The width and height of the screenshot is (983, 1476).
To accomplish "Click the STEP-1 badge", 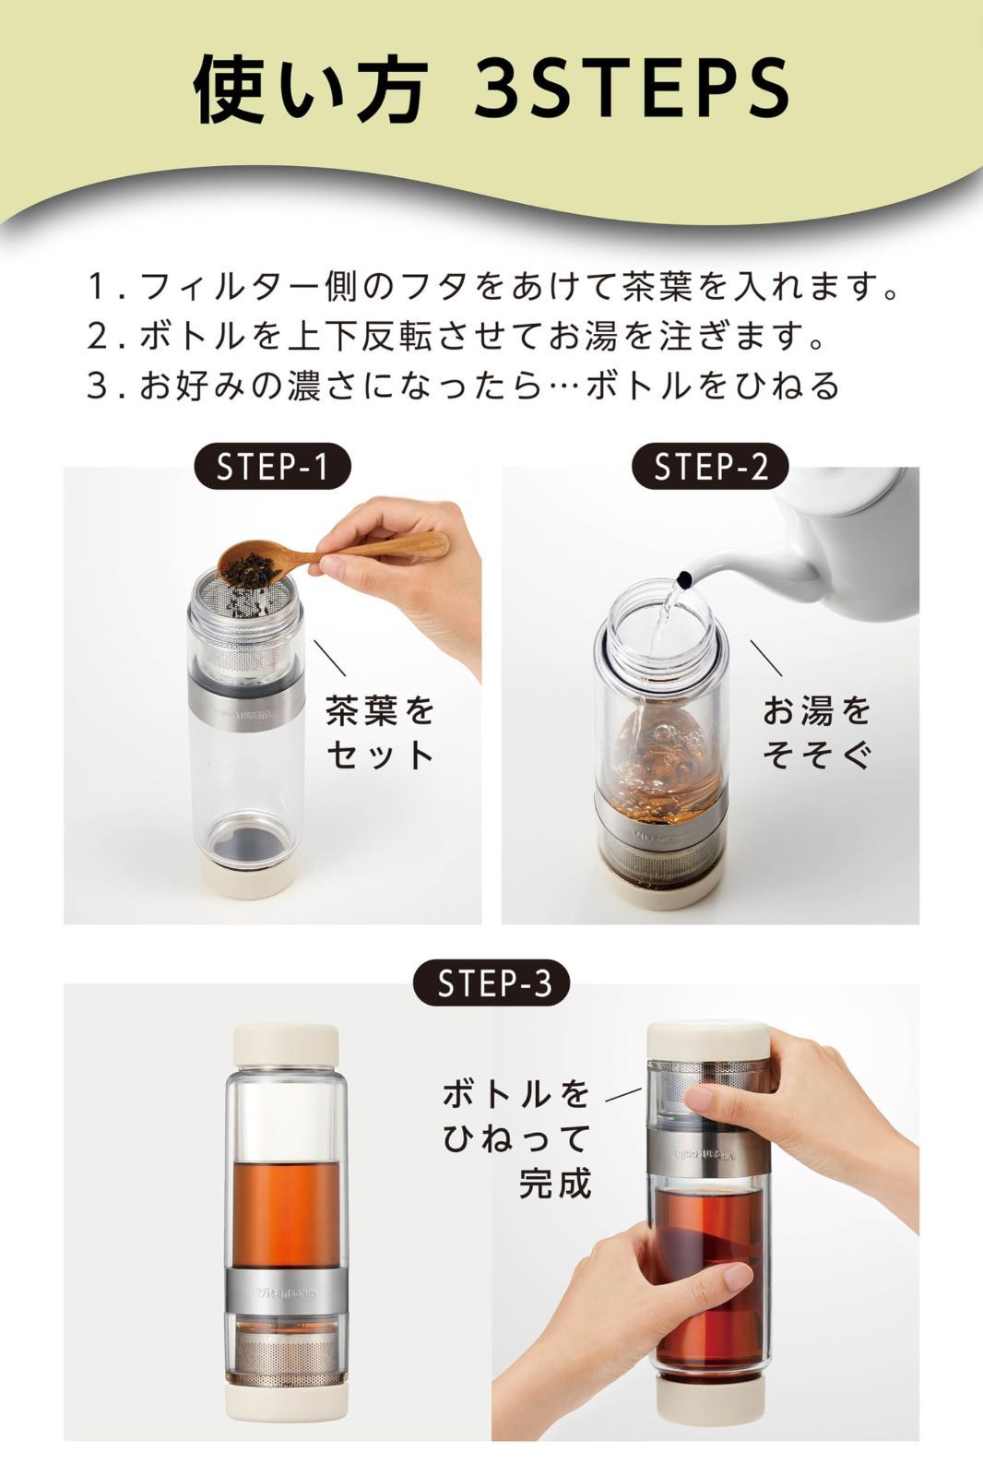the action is (272, 466).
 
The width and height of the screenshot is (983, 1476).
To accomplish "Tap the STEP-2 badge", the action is (710, 466).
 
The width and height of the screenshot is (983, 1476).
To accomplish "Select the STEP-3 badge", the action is (491, 982).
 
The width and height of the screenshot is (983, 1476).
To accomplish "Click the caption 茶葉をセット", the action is (380, 732).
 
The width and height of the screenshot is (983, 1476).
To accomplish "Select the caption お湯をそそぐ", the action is (817, 732).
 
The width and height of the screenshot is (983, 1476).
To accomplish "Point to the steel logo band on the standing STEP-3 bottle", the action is (286, 1292).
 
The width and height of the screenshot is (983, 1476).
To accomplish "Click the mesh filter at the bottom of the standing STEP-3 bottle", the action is (286, 1360).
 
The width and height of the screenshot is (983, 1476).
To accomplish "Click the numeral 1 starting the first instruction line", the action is (97, 287).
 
